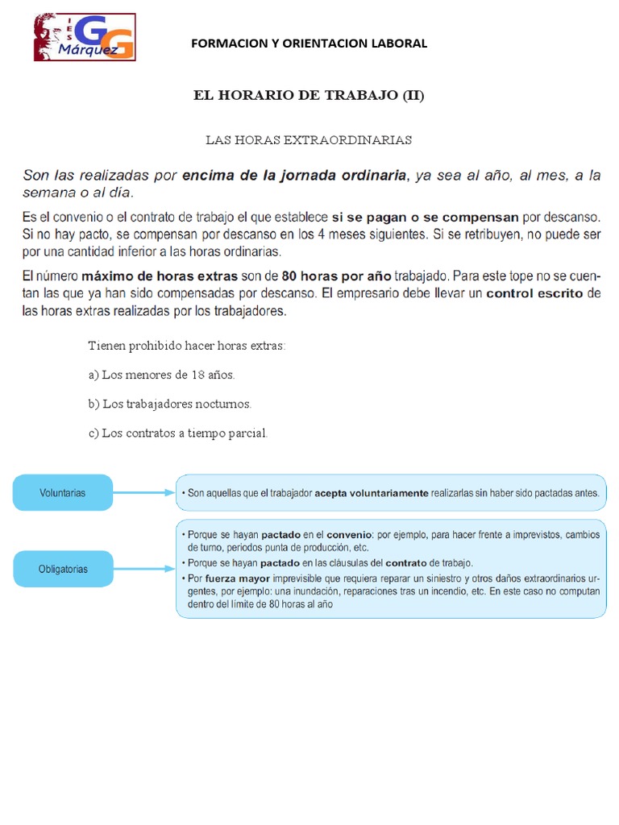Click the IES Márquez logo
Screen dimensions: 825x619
coord(85,37)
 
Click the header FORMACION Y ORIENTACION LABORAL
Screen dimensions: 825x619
coord(309,44)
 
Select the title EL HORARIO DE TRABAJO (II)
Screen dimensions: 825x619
coord(309,96)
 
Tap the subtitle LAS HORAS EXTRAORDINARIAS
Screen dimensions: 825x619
coord(309,140)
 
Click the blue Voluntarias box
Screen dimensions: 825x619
coord(63,492)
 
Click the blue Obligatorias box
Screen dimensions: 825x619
coord(63,569)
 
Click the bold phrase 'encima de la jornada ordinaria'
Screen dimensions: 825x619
coord(295,175)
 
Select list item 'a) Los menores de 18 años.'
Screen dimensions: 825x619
coord(162,375)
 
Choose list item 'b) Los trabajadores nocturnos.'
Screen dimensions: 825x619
coord(170,404)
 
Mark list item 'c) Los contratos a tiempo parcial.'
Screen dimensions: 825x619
coord(177,433)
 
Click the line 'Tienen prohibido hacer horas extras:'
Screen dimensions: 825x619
coord(187,346)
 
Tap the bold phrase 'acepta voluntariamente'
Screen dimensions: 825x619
coord(371,493)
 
